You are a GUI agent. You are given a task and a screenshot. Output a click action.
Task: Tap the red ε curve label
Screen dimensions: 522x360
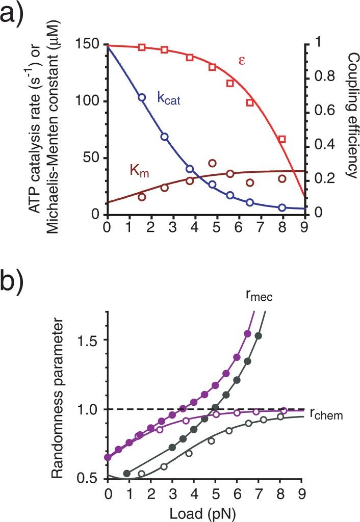[242, 61]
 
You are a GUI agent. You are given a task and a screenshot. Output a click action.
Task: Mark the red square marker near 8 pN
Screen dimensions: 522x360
[282, 139]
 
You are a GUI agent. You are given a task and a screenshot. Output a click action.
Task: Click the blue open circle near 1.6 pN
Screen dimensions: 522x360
[142, 97]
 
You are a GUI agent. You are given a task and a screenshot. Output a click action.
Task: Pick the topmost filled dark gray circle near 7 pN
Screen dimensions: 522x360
[259, 335]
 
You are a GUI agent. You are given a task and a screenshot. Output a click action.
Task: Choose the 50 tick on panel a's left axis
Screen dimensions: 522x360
[92, 158]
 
